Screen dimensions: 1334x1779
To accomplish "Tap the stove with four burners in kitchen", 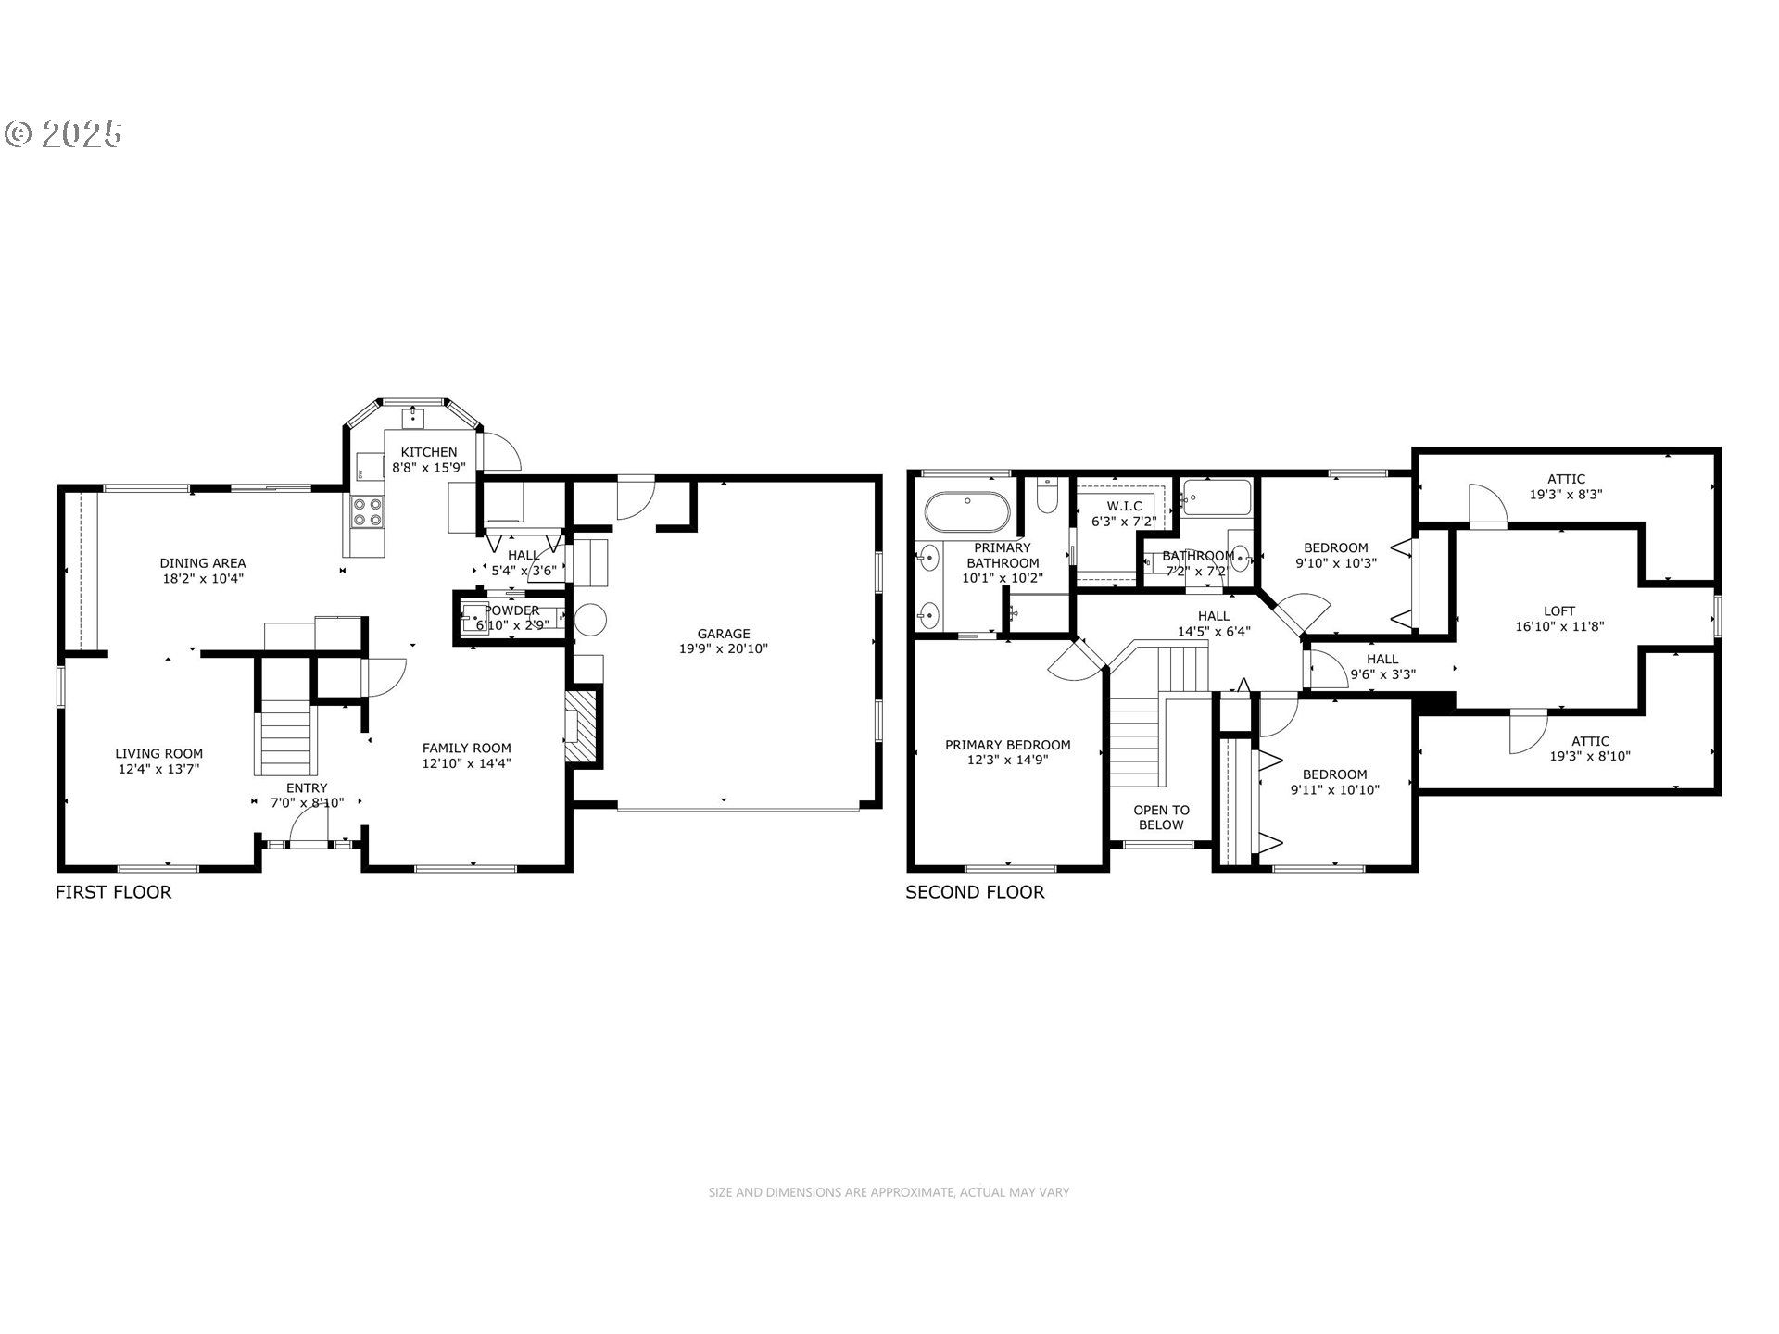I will tap(367, 512).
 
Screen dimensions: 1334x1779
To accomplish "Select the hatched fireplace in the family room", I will tap(583, 728).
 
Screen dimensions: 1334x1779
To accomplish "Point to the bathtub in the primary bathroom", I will tap(967, 510).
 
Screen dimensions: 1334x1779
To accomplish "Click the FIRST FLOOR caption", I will tap(113, 892).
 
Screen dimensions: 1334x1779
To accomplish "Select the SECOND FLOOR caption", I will tap(975, 892).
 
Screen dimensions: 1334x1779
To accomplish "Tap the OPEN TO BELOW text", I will tap(1161, 817).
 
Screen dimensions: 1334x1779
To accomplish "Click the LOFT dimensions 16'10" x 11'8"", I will tap(1559, 626).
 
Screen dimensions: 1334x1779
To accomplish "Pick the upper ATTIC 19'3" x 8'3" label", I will tap(1565, 486).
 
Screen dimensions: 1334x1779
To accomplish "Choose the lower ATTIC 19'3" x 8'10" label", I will tap(1590, 749).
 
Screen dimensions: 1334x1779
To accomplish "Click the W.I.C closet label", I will tap(1124, 514).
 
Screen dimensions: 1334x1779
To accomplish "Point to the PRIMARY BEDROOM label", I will tap(1007, 752).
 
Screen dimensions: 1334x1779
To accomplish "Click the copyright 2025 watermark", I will tap(63, 134).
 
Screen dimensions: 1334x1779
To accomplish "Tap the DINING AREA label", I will tap(202, 571).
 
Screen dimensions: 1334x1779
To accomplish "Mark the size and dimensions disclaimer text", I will tap(889, 1192).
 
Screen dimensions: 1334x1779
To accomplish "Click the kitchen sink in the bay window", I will tap(413, 419).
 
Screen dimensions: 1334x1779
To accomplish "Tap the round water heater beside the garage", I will tap(590, 620).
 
